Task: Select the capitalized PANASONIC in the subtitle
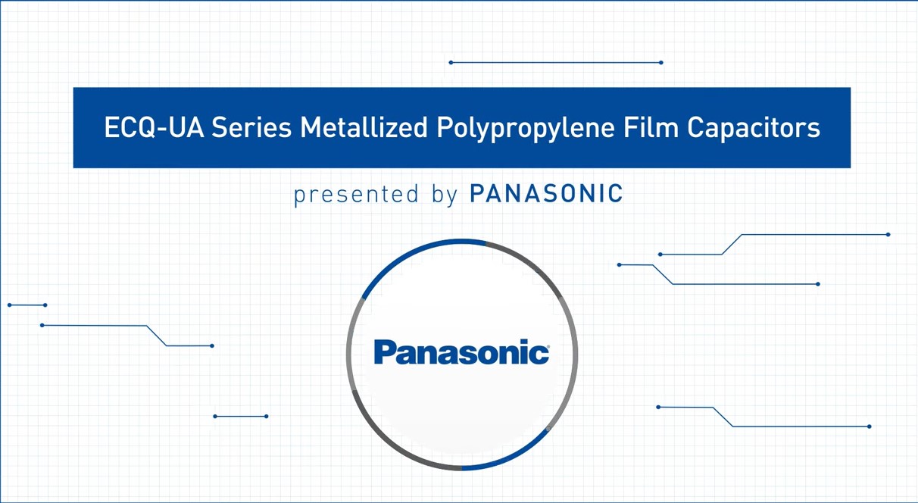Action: (546, 193)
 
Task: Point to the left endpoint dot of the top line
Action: (451, 62)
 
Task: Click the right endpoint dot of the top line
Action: (661, 62)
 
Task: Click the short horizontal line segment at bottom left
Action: (241, 416)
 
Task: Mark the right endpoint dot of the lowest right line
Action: (869, 426)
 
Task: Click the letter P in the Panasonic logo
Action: (386, 353)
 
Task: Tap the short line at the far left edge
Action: (27, 305)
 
